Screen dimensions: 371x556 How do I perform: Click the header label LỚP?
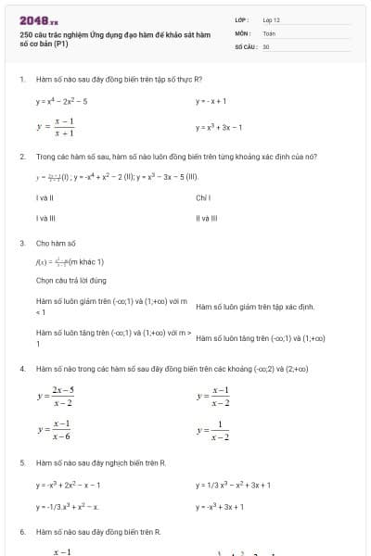click(241, 19)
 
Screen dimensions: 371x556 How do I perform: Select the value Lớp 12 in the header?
click(271, 19)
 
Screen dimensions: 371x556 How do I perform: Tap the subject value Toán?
click(269, 32)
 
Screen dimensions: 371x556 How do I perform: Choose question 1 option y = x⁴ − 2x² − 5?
click(62, 101)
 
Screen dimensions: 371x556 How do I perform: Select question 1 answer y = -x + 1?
click(211, 101)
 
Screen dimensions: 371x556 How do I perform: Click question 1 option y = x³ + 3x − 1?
click(219, 127)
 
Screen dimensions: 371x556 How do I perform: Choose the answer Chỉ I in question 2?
click(204, 197)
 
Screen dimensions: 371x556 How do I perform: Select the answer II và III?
click(206, 219)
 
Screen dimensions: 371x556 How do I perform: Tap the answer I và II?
click(45, 197)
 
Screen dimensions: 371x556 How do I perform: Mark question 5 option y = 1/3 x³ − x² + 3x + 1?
click(233, 484)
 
